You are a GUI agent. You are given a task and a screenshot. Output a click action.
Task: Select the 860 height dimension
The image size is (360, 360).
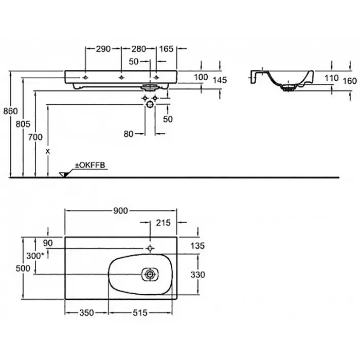(10, 111)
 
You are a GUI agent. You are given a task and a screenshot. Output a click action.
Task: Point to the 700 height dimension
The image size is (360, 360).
(34, 137)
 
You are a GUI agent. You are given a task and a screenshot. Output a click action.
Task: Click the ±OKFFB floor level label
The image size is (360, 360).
(91, 166)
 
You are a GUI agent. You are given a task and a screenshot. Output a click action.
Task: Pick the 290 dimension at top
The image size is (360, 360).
(103, 49)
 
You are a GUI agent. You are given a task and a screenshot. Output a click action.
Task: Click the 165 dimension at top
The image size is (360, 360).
(167, 49)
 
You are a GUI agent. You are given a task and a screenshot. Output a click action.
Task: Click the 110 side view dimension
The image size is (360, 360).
(332, 78)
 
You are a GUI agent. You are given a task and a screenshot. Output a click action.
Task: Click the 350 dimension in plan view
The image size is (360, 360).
(86, 312)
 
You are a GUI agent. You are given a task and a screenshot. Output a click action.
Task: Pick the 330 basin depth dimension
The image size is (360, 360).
(198, 275)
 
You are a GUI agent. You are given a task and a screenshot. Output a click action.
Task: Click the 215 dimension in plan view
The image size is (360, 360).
(163, 223)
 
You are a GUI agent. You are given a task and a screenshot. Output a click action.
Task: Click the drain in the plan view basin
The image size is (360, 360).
(150, 275)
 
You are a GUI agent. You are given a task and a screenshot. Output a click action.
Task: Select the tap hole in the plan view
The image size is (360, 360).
(150, 248)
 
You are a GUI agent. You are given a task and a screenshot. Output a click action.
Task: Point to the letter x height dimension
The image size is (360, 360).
(48, 151)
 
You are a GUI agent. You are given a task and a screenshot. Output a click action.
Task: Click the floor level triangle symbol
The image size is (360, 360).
(64, 174)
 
